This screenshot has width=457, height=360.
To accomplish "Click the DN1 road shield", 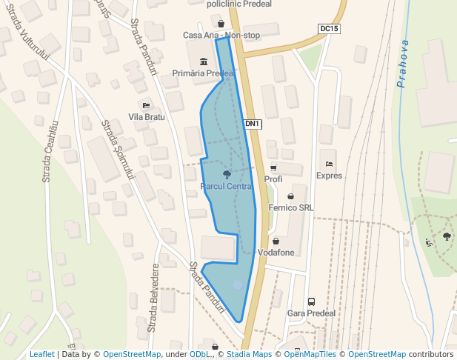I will click(x=253, y=124).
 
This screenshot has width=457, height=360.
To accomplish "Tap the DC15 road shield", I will click(x=329, y=29).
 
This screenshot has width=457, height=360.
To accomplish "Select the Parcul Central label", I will click(x=227, y=186).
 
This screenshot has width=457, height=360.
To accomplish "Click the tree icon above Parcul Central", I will click(x=227, y=174).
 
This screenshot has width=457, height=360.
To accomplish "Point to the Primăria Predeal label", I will click(x=203, y=73).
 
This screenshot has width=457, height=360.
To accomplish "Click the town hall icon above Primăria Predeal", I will click(x=203, y=61).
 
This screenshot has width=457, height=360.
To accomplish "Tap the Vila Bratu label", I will click(x=146, y=117).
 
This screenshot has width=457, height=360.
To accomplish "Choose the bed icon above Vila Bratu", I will click(x=146, y=105).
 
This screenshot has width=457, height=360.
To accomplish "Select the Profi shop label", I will click(x=273, y=179).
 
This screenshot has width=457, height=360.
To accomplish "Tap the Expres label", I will click(x=329, y=176).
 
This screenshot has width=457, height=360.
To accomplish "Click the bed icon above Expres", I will click(x=329, y=164).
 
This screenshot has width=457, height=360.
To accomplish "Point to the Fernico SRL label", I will click(x=291, y=208).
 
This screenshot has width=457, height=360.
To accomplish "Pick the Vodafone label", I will click(x=276, y=253).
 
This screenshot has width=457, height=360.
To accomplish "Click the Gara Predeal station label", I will click(x=311, y=313).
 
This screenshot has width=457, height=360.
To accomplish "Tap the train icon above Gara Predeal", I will click(x=311, y=301).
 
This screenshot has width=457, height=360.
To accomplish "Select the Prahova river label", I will click(x=404, y=63).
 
